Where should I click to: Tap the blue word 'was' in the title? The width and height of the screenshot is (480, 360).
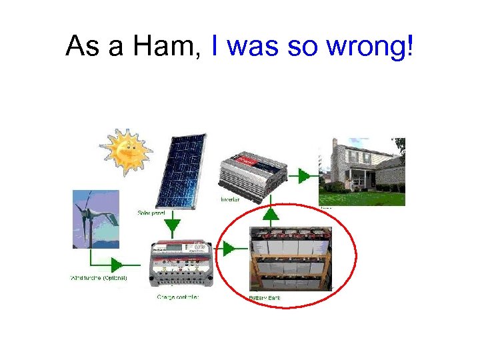pos(253,47)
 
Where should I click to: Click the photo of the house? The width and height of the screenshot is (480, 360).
pos(362,171)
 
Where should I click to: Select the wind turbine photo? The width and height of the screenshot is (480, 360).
pos(96,219)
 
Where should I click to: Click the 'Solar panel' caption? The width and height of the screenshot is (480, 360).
pos(152,213)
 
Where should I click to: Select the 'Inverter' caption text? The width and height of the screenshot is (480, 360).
pos(231,199)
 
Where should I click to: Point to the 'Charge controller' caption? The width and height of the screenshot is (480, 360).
pos(178,297)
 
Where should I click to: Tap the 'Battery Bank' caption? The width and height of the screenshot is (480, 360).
pos(265,297)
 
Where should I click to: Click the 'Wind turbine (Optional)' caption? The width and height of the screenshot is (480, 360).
pos(98,277)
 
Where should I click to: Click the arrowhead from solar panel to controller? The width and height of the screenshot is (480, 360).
pos(173,227)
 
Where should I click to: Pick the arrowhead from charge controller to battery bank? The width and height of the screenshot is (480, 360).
pos(229,249)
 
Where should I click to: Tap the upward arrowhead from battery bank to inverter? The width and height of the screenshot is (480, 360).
pos(270,215)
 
